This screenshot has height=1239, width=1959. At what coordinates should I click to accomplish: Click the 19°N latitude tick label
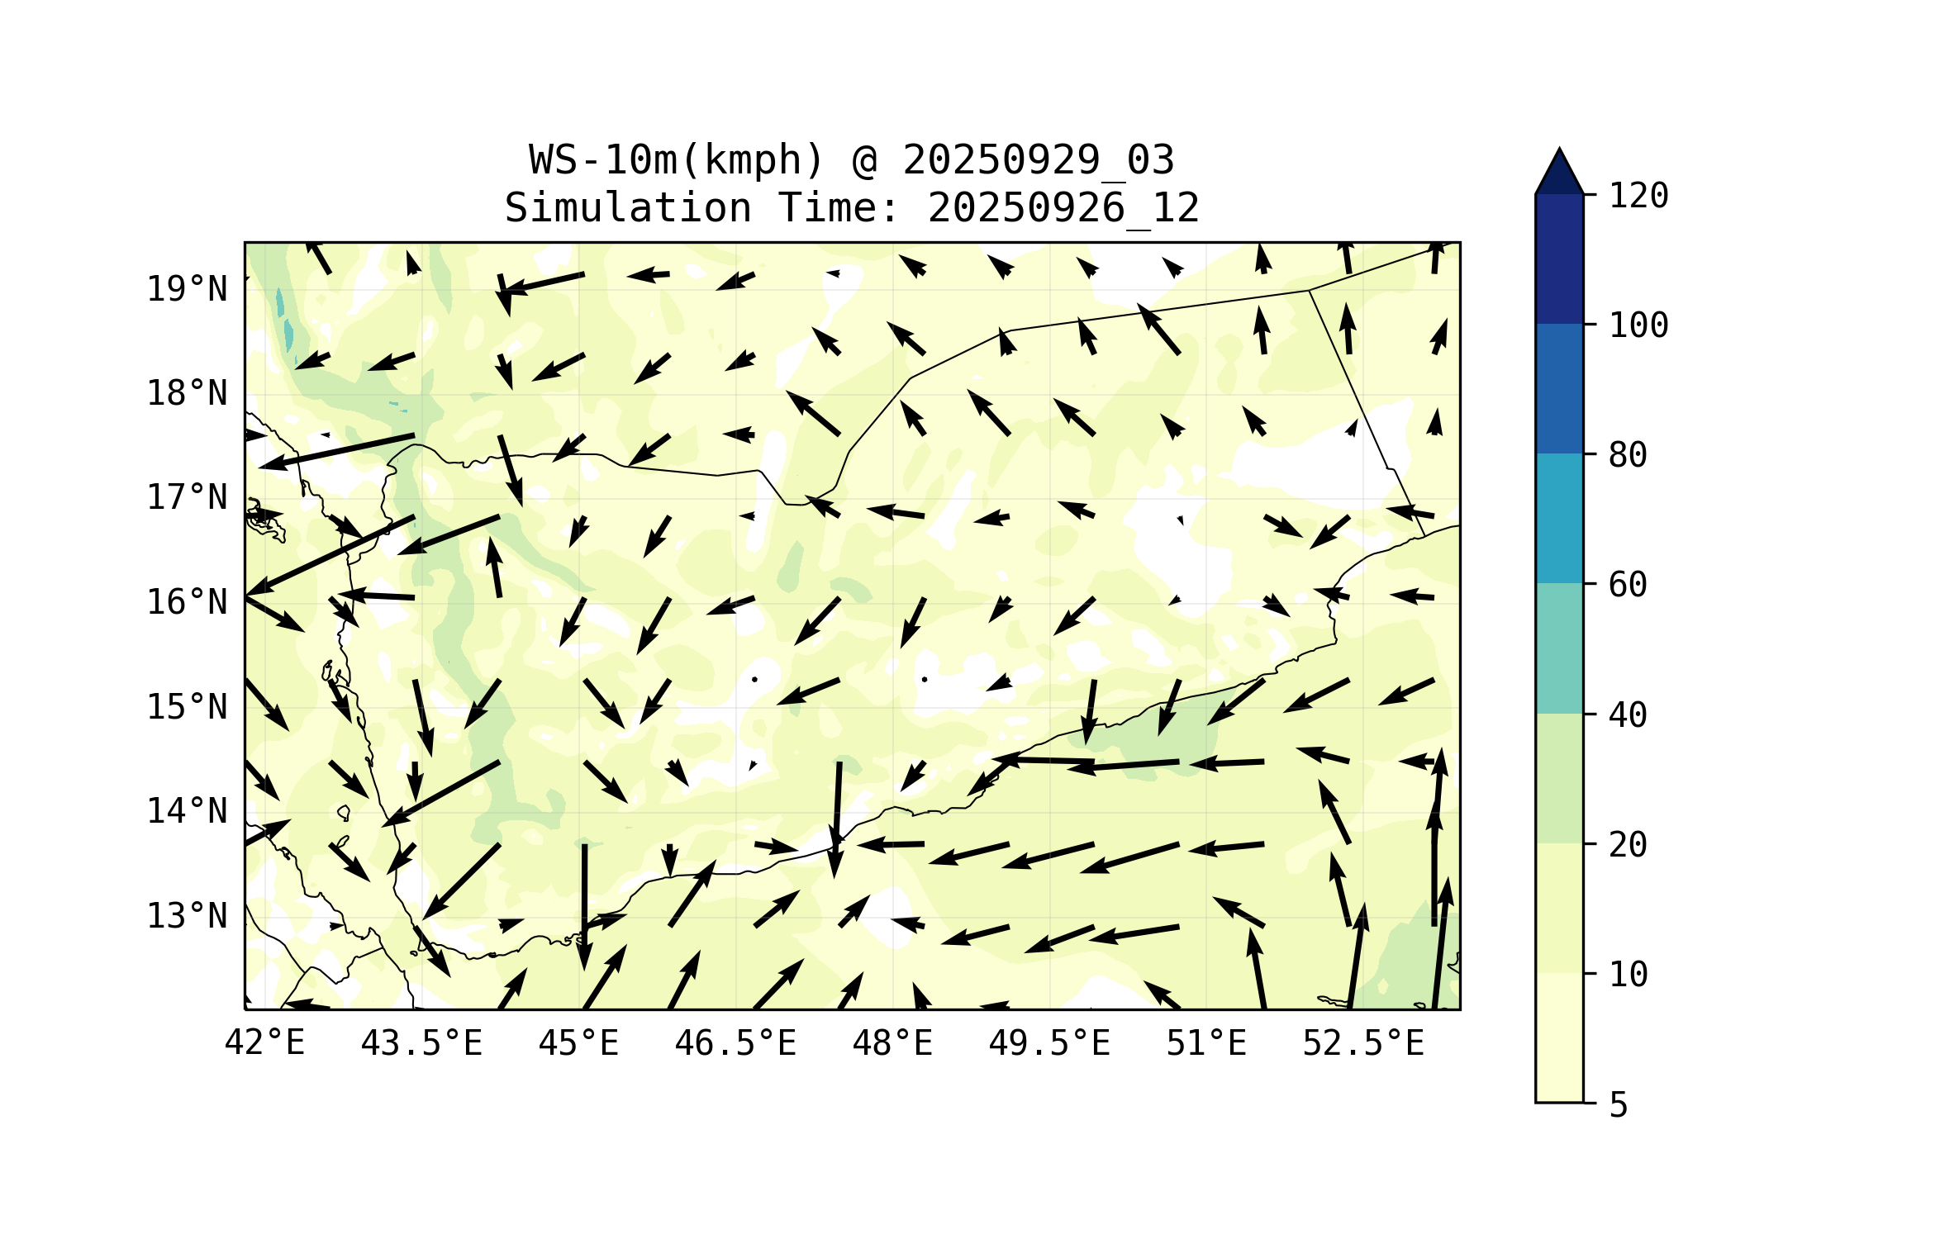coord(187,289)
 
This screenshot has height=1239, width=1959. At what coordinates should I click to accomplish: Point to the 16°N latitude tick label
coord(187,602)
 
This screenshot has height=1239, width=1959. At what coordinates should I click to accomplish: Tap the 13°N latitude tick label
coord(187,916)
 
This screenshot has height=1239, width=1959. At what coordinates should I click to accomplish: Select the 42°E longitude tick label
coord(264,1043)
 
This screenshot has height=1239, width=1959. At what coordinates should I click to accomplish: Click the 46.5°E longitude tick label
coord(735,1043)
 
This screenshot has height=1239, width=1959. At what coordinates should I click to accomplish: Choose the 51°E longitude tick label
coord(1205,1043)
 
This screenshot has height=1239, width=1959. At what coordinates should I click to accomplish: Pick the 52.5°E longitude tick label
coord(1363,1043)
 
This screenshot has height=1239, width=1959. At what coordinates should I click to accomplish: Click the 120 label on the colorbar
coord(1638,196)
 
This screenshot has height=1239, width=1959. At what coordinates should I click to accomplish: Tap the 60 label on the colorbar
coord(1628,585)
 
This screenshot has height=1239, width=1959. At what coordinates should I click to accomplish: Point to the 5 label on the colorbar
coord(1619,1105)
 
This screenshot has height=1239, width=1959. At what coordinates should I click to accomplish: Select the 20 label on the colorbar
coord(1628,844)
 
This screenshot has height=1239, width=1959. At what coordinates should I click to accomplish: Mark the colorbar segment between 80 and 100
coord(1559,388)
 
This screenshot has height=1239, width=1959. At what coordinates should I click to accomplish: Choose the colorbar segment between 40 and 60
coord(1559,648)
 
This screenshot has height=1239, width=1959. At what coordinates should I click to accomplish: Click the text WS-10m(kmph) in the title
coord(677,160)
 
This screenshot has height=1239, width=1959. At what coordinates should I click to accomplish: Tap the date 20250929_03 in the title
coord(1038,160)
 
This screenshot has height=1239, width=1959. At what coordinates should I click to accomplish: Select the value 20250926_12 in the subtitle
coord(1063,208)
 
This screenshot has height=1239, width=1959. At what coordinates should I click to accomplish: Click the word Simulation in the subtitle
coord(628,208)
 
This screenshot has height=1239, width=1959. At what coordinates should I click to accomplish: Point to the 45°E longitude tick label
coord(578,1043)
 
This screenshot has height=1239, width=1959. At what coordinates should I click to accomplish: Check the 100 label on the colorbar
coord(1638,325)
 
